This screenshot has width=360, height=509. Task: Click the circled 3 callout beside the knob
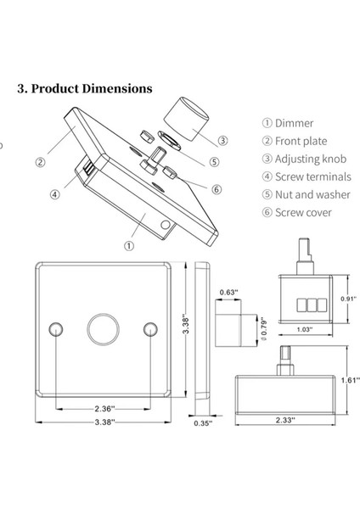click(222, 141)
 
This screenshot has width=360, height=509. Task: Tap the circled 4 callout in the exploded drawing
click(55, 193)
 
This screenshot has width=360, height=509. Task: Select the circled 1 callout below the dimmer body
click(128, 245)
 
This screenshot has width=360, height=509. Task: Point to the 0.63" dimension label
click(227, 293)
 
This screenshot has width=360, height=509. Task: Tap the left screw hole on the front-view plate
click(57, 328)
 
